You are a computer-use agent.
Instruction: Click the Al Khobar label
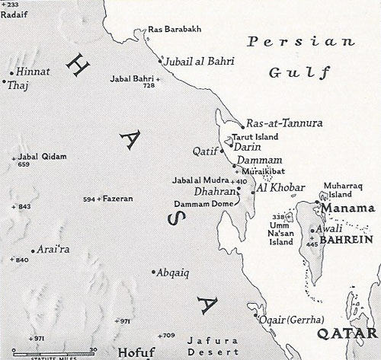tap(282, 187)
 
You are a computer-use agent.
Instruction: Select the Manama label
tap(347, 208)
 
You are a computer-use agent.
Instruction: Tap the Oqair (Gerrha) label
tap(286, 320)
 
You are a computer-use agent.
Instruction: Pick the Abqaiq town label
tap(176, 272)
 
